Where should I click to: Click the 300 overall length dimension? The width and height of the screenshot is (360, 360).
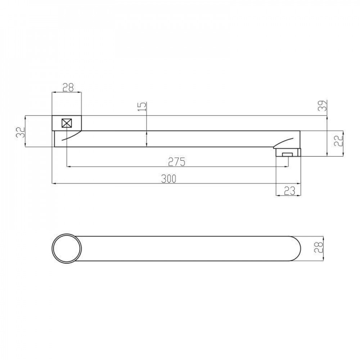pos(169,179)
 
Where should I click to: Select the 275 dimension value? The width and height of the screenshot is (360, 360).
pos(176,162)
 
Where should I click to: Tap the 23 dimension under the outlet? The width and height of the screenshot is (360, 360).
pos(289,191)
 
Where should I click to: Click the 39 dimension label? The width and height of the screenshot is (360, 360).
pos(322,106)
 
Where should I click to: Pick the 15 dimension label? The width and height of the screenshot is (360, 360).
pos(142,107)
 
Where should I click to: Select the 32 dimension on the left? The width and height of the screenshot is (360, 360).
pos(21,132)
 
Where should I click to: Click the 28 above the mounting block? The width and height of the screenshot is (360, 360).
pos(68,87)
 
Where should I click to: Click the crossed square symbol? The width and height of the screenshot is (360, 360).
pos(67,123)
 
